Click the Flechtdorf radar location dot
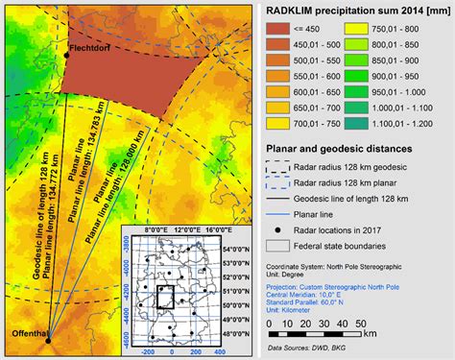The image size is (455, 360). coord(67,57)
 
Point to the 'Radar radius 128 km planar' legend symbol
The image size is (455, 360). coord(281,183)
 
